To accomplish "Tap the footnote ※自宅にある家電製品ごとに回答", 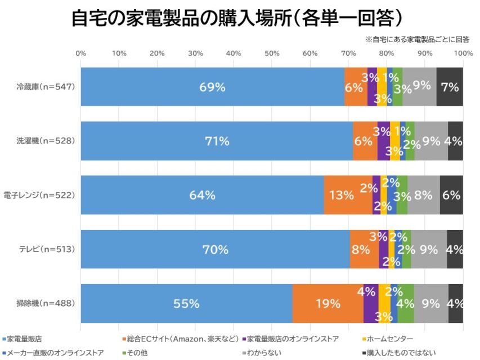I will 417,40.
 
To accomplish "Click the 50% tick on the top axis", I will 272,53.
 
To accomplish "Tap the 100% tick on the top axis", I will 463,53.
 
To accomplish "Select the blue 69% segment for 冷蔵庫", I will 212,87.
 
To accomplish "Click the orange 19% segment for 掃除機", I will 328,303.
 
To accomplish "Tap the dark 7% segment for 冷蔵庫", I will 450,87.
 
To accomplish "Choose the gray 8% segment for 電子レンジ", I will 424,195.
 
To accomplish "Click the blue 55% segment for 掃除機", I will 186,303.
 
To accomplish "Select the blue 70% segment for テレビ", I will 215,249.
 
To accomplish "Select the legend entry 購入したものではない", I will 395,353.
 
